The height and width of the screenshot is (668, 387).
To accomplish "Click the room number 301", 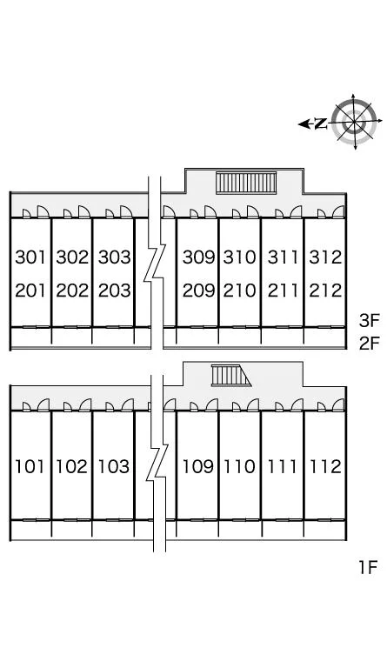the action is [30, 257].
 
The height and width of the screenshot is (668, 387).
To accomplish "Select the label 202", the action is [72, 291].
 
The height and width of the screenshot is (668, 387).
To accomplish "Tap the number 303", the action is [115, 257].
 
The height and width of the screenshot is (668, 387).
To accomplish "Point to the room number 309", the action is [199, 257].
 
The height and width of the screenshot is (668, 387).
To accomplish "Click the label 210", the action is [240, 291].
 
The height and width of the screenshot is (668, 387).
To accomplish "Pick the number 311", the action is [284, 257].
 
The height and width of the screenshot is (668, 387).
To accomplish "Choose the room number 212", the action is [326, 291].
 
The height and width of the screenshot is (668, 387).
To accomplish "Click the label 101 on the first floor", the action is [30, 467].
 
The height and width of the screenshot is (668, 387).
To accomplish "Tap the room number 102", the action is [72, 467].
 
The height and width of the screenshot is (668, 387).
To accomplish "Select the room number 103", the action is [114, 467].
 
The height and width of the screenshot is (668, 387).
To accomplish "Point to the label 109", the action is [198, 467].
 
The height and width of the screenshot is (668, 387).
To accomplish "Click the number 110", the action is [240, 467].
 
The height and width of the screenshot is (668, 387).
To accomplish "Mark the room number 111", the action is [282, 467].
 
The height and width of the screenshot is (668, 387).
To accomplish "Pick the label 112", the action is [326, 467].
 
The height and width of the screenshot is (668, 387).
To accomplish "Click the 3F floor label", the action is [369, 321].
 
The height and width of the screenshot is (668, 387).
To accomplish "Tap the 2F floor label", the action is [369, 344].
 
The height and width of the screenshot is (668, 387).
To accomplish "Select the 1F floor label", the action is [368, 567].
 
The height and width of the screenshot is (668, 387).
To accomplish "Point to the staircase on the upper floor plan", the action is [246, 183].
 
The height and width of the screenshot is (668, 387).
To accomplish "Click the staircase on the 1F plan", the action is [230, 376].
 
